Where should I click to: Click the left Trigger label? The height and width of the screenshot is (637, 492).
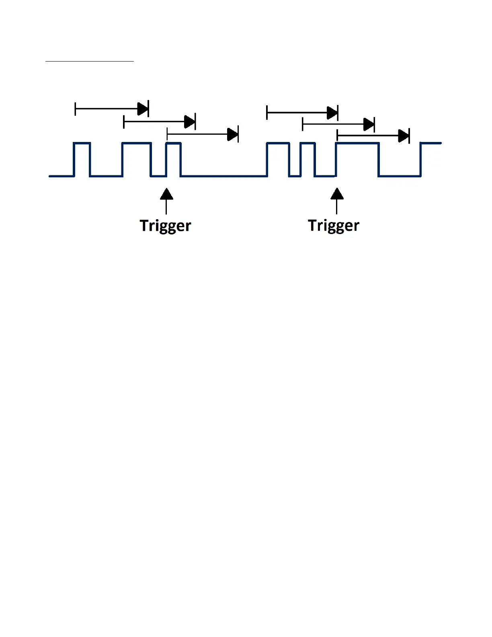[165, 226]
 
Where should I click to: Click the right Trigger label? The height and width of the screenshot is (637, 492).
[334, 226]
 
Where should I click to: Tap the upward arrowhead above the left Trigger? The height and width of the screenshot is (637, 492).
[166, 194]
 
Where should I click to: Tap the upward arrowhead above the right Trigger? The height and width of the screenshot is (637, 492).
[337, 194]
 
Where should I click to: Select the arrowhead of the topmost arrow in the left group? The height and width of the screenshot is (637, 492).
[143, 109]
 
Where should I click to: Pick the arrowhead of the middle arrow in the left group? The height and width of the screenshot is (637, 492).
[189, 121]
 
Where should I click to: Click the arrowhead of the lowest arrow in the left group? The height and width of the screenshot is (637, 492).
[232, 134]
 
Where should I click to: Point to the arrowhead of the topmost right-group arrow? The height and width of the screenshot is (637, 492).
[332, 113]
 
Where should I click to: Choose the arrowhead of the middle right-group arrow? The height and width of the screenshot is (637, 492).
[369, 125]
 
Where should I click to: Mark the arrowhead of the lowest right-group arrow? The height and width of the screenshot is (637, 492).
[404, 136]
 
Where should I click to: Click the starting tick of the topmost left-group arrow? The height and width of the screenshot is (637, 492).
[75, 109]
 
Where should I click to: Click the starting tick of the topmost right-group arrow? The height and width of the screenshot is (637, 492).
[267, 113]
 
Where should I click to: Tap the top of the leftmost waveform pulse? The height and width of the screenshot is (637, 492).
[82, 143]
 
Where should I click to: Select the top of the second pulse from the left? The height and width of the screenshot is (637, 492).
[137, 143]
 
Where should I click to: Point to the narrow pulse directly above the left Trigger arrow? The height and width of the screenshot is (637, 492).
[174, 143]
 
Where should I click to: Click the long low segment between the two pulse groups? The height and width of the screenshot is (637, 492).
[223, 176]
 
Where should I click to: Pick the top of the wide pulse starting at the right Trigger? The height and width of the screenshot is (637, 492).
[357, 143]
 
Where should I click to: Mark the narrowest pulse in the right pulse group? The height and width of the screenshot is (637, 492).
[307, 143]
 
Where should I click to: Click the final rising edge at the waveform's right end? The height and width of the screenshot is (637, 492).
[421, 160]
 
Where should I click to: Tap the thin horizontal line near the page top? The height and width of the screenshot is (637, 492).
[89, 62]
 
